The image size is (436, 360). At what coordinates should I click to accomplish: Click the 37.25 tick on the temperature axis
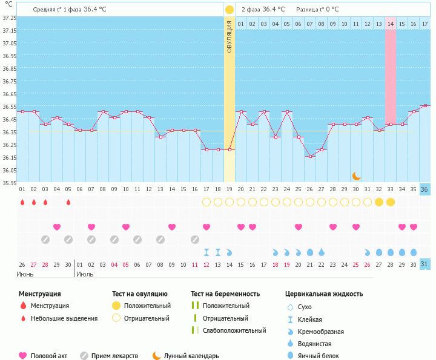click(9, 18)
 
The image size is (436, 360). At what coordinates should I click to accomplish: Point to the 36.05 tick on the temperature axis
click(9, 171)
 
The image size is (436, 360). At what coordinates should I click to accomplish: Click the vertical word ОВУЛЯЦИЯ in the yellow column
click(230, 36)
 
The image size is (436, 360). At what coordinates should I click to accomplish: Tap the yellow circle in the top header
click(229, 10)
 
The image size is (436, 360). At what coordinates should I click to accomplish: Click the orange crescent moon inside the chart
click(357, 175)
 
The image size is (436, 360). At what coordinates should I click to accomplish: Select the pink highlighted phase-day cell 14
click(391, 24)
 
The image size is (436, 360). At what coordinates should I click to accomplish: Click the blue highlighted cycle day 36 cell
click(425, 189)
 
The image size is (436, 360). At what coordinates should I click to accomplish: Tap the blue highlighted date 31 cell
click(425, 264)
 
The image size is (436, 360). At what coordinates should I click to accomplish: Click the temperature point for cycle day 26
click(310, 156)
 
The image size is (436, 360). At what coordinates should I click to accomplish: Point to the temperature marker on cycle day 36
click(425, 105)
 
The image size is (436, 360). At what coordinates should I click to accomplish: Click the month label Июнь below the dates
click(25, 274)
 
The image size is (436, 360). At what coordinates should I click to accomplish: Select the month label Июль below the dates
click(86, 274)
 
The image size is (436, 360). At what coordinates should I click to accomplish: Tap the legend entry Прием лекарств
click(114, 356)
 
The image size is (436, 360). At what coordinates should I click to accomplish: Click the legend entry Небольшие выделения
click(64, 318)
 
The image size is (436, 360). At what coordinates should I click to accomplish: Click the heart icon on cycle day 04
click(57, 227)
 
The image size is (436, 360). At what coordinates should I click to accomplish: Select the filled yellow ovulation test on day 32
click(379, 202)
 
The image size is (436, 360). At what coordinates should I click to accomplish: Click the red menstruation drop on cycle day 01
click(22, 202)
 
